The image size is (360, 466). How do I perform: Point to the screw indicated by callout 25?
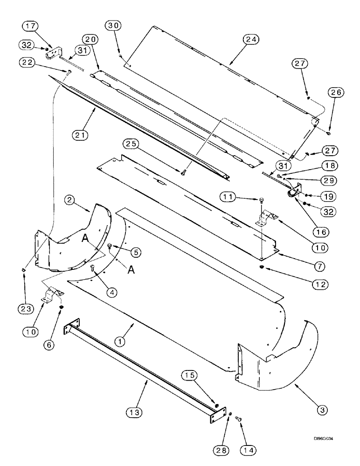(x=183, y=172)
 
